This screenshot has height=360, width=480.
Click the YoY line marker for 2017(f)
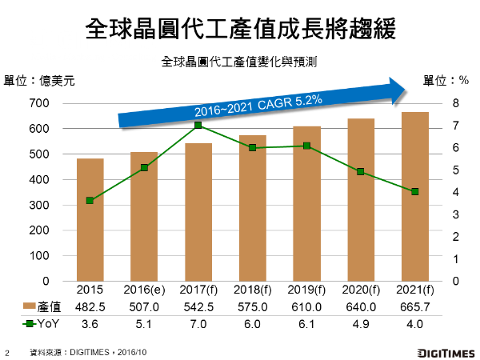click(198, 126)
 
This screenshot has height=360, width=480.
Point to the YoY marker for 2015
click(90, 201)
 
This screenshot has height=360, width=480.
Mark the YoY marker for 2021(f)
click(414, 192)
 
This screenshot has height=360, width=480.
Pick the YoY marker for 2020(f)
click(360, 171)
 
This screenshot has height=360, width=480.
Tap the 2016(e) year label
click(143, 291)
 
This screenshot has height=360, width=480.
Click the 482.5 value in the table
click(90, 307)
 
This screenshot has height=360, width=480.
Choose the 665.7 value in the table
click(414, 307)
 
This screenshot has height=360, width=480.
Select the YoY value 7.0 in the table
click(198, 323)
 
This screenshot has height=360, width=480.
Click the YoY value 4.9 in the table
click(360, 323)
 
